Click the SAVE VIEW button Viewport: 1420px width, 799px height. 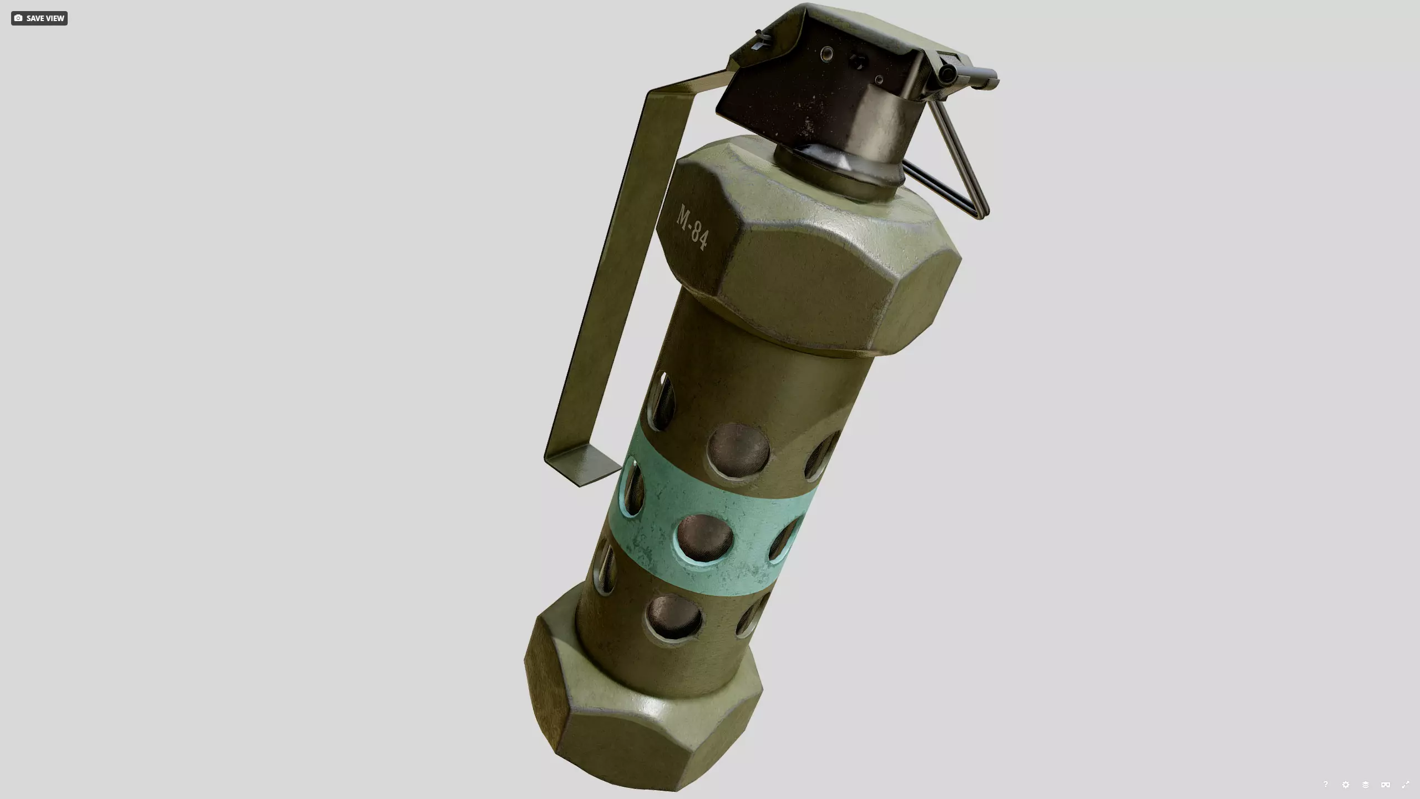tap(39, 18)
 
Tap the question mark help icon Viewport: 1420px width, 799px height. tap(1326, 784)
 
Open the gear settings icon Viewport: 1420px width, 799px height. tap(1346, 785)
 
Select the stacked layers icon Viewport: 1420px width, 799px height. tap(1366, 785)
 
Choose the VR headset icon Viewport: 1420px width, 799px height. tap(1386, 785)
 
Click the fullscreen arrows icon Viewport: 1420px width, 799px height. tap(1406, 785)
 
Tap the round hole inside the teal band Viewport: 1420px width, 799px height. tap(705, 537)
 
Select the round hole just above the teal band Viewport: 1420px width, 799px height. tap(738, 449)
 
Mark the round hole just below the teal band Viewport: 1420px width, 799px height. tap(674, 616)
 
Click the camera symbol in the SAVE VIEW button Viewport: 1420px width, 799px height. tap(18, 18)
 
